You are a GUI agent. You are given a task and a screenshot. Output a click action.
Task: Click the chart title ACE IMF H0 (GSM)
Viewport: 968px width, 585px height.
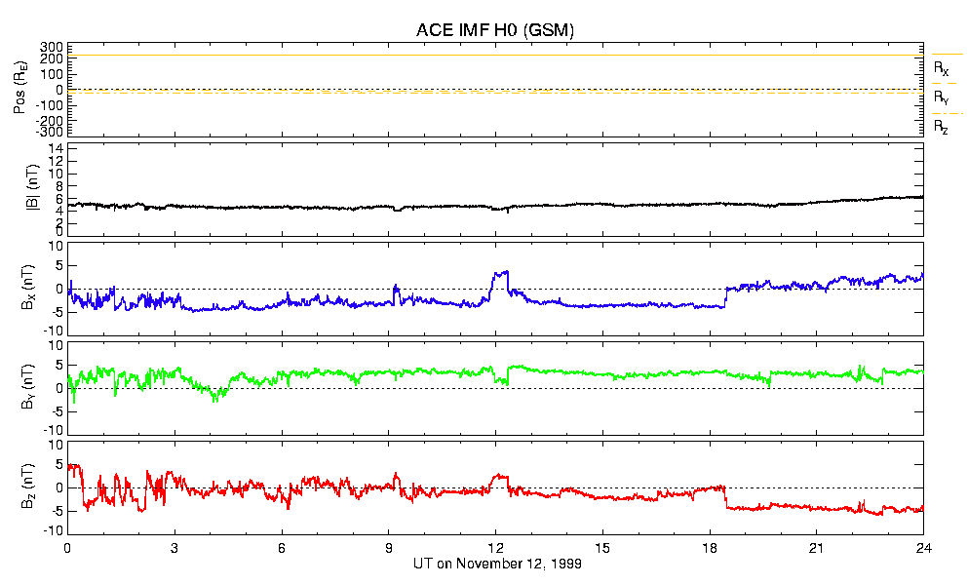494,30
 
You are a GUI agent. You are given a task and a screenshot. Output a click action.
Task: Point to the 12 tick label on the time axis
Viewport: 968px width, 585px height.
495,549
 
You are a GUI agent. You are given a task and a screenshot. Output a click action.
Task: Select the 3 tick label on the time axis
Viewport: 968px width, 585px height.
174,549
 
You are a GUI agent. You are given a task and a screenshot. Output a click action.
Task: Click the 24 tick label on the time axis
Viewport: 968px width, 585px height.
923,549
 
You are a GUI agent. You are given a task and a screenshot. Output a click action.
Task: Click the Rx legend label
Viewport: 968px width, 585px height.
941,69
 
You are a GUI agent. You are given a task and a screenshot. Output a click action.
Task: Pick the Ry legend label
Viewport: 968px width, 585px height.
941,97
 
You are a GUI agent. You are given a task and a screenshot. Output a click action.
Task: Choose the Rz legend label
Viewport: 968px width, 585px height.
941,127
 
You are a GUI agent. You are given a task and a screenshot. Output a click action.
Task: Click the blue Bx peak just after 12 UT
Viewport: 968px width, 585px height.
503,272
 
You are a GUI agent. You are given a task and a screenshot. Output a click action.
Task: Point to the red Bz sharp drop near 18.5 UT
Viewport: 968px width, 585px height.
726,497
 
